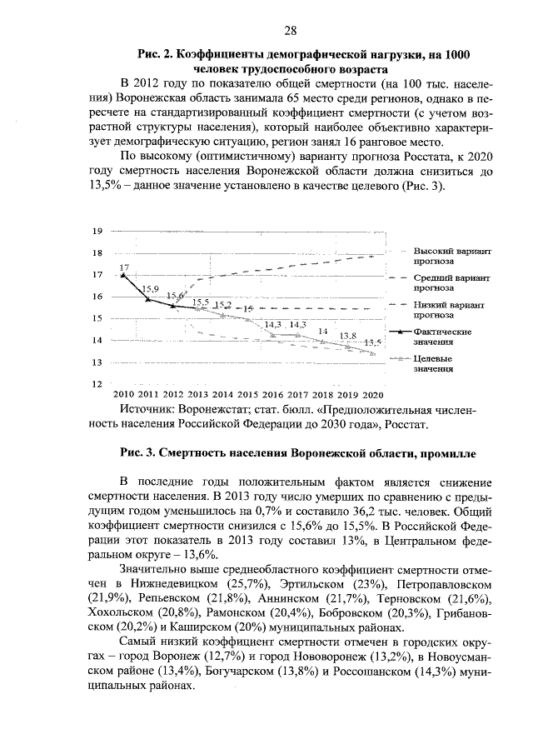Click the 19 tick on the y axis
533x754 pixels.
pos(97,231)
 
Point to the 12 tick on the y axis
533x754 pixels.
pos(97,384)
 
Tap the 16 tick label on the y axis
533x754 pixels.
pos(97,297)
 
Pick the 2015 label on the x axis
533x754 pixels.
pos(247,394)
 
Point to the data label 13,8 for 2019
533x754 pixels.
pos(349,336)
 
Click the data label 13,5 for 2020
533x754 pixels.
pos(372,342)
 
